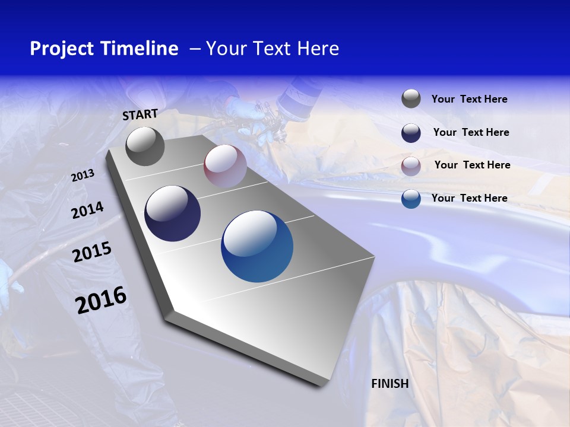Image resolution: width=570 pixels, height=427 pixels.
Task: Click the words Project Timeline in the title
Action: pyautogui.click(x=104, y=49)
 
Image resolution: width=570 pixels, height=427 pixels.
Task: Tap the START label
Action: pyautogui.click(x=140, y=114)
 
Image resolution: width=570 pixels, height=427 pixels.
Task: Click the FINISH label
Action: pyautogui.click(x=390, y=384)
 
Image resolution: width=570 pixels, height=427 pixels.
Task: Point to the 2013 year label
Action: pyautogui.click(x=83, y=176)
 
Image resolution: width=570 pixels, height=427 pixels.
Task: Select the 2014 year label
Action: pyautogui.click(x=87, y=210)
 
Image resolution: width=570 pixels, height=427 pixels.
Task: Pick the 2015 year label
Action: pyautogui.click(x=92, y=252)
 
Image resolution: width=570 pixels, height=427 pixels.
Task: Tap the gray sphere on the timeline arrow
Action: pyautogui.click(x=145, y=146)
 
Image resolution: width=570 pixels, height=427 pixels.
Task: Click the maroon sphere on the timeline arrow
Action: pyautogui.click(x=225, y=166)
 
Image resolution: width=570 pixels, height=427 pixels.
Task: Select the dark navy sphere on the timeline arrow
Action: pyautogui.click(x=172, y=213)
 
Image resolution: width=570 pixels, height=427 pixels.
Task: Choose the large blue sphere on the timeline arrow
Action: pyautogui.click(x=257, y=246)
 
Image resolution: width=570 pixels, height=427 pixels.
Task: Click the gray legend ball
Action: pyautogui.click(x=411, y=99)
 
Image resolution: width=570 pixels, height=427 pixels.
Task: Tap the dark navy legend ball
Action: pyautogui.click(x=411, y=133)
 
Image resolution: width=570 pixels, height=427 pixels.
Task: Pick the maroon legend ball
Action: pyautogui.click(x=411, y=166)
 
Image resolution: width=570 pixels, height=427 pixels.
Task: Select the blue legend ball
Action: pyautogui.click(x=411, y=199)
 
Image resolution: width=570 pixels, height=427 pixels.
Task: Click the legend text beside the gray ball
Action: pyautogui.click(x=469, y=100)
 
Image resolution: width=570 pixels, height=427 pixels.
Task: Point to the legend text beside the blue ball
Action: pyautogui.click(x=469, y=198)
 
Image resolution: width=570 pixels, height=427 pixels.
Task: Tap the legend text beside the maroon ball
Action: pyautogui.click(x=472, y=165)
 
